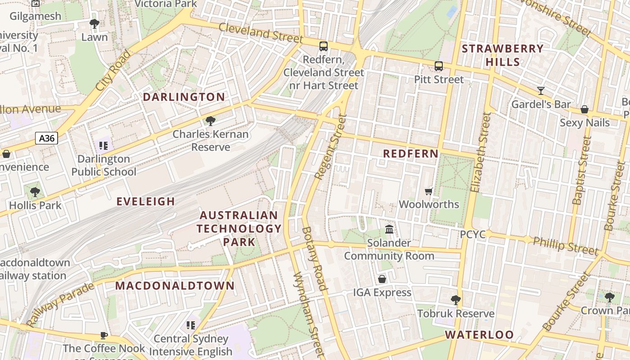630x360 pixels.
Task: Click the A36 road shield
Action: [46, 138]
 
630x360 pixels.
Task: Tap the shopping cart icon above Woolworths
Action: [429, 191]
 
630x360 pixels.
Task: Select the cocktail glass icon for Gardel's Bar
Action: [541, 91]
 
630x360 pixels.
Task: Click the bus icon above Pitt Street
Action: [439, 66]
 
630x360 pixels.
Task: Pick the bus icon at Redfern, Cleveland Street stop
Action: [323, 46]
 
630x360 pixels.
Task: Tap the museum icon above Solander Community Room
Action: [389, 229]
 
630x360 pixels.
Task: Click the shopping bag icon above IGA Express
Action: [382, 279]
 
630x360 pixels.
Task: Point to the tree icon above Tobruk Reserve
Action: [456, 300]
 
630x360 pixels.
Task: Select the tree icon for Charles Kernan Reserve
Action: [210, 121]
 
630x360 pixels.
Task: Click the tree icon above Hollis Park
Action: [35, 192]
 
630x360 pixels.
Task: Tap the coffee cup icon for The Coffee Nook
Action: [103, 335]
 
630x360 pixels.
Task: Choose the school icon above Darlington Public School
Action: [103, 145]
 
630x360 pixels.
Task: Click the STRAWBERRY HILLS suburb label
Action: [503, 55]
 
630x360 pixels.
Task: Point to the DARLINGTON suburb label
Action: [184, 97]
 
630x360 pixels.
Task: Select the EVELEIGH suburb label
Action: [146, 201]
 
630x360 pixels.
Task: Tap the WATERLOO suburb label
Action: [479, 334]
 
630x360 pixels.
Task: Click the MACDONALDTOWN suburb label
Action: [175, 285]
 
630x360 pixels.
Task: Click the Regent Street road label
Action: [331, 147]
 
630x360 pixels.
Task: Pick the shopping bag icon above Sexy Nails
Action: [585, 109]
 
